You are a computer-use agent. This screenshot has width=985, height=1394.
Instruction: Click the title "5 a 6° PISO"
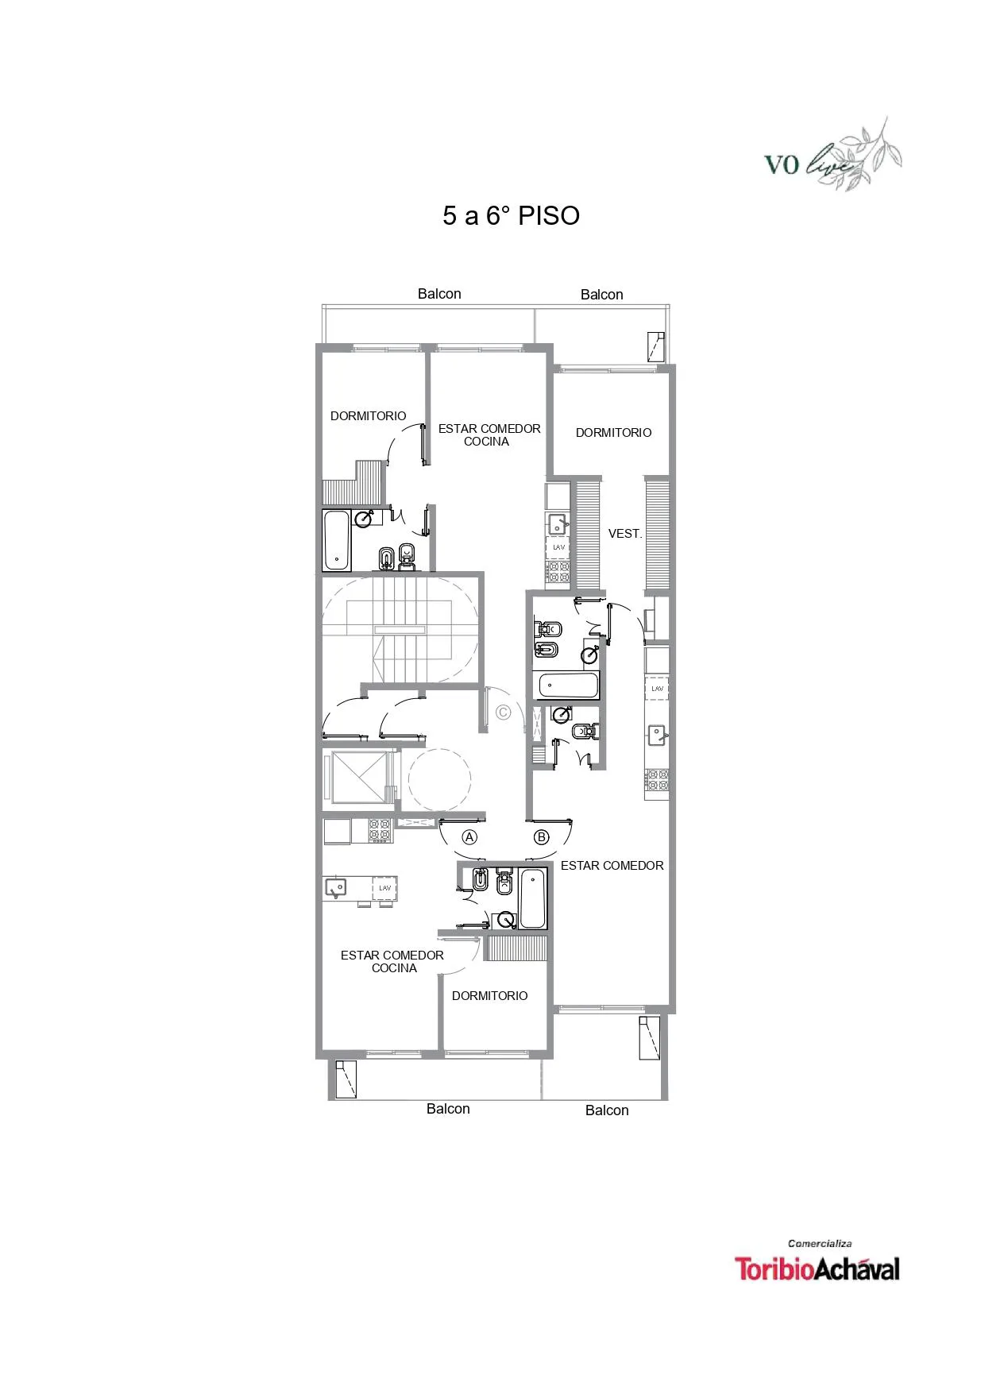click(x=511, y=216)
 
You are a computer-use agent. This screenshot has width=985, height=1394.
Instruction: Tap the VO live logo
click(x=832, y=156)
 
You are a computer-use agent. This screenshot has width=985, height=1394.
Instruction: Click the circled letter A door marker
click(x=469, y=837)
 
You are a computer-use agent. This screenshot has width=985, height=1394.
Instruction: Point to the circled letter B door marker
click(x=542, y=837)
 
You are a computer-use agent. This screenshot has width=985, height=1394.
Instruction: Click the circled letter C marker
click(x=503, y=712)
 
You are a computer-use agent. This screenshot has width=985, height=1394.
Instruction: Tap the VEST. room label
click(x=625, y=534)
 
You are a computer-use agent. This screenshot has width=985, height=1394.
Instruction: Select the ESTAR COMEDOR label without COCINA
click(x=612, y=866)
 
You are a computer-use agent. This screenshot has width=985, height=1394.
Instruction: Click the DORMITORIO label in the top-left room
click(x=369, y=416)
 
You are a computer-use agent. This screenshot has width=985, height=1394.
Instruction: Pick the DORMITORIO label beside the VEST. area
click(x=614, y=433)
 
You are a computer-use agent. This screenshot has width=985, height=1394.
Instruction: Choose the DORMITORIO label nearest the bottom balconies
click(x=490, y=996)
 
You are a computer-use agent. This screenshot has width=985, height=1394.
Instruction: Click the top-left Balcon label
click(x=439, y=294)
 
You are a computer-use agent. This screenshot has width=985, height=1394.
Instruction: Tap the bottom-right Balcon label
click(x=607, y=1110)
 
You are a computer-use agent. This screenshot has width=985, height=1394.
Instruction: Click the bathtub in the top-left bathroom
click(x=337, y=540)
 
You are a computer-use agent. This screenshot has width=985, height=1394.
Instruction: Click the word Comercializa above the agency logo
click(x=820, y=1244)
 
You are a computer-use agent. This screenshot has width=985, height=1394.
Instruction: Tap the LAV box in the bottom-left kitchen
click(x=385, y=888)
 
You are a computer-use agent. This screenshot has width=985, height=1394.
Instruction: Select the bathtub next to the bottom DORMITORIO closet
click(x=533, y=898)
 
